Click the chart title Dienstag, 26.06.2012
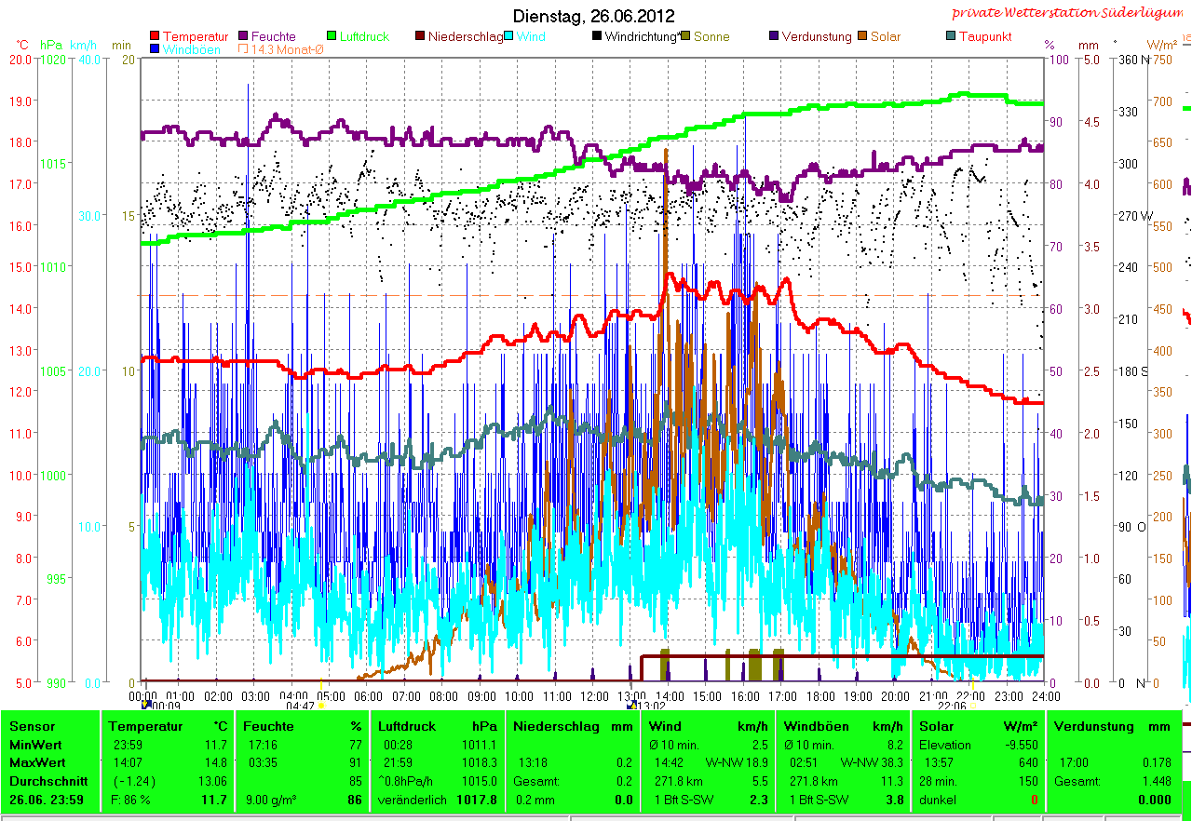pyautogui.click(x=594, y=16)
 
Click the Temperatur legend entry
pyautogui.click(x=195, y=36)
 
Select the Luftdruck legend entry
pyautogui.click(x=364, y=36)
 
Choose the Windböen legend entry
pyautogui.click(x=191, y=49)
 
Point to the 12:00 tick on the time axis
pyautogui.click(x=594, y=695)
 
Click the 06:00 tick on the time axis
pyautogui.click(x=369, y=695)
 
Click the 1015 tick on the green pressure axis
pyautogui.click(x=52, y=164)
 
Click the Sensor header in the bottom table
pyautogui.click(x=33, y=726)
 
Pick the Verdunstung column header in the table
pyautogui.click(x=1093, y=726)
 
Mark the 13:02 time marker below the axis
pyautogui.click(x=648, y=706)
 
